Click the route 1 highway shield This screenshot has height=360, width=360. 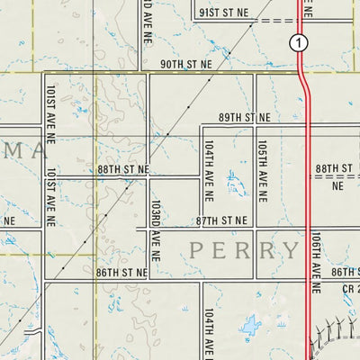coord(299,42)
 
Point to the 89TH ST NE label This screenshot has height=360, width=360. coord(244,118)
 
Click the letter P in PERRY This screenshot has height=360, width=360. coord(197,250)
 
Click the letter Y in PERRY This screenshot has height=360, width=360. coord(290,250)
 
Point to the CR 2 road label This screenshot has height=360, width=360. coord(350,289)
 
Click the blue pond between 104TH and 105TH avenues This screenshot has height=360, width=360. coord(237,185)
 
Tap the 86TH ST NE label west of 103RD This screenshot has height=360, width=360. coord(121,272)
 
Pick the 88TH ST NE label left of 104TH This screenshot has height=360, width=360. coord(124,169)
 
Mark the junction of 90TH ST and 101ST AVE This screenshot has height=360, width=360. coord(43,74)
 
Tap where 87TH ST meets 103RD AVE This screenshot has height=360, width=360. coord(148,229)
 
